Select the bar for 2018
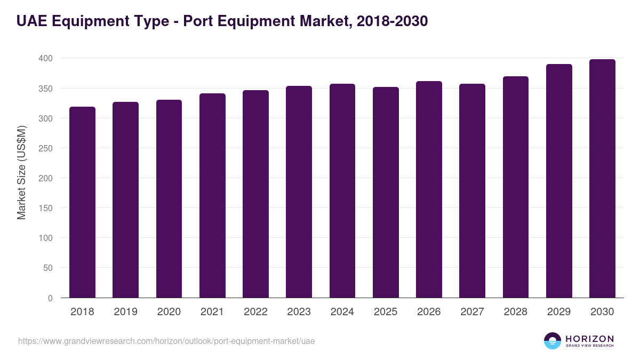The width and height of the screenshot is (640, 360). click(82, 203)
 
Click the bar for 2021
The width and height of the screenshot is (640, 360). click(212, 196)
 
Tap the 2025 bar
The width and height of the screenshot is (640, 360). click(386, 193)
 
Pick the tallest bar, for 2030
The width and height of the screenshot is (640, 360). click(602, 179)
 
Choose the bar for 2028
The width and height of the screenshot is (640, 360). click(516, 187)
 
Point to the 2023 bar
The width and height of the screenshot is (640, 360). click(299, 192)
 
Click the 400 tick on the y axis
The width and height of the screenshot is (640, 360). click(45, 58)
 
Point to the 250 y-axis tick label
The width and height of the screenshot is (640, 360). click(45, 148)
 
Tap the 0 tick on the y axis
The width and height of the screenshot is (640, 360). click(50, 298)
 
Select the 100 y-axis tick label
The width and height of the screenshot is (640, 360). click(45, 238)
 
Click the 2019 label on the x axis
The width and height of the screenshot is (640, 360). click(125, 312)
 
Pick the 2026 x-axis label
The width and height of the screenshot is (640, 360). click(429, 312)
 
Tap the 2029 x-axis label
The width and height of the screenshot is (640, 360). click(559, 312)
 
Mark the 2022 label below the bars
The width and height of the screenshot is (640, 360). click(255, 312)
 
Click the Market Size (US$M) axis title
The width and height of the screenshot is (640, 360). click(21, 172)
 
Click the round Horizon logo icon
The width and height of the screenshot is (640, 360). click(553, 341)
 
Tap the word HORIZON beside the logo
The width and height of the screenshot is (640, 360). click(589, 338)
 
